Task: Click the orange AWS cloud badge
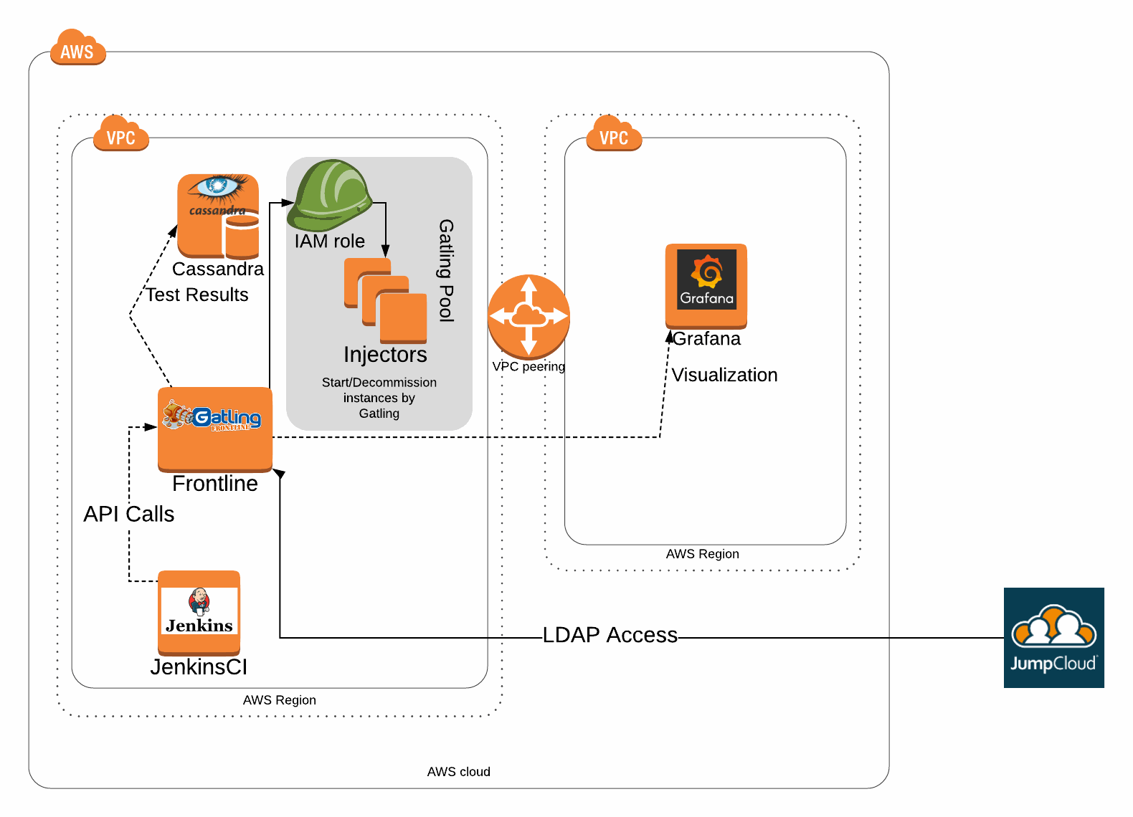click(x=77, y=48)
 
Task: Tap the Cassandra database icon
click(x=218, y=216)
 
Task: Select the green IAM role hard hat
click(x=329, y=195)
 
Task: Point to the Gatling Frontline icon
click(x=215, y=429)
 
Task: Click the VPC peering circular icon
click(x=528, y=316)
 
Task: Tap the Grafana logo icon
click(x=706, y=285)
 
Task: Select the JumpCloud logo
click(x=1053, y=637)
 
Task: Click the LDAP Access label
click(x=610, y=635)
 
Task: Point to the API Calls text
click(x=129, y=514)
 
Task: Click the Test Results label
click(x=197, y=295)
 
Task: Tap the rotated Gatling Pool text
click(x=446, y=270)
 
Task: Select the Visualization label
click(x=724, y=375)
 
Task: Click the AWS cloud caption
click(x=459, y=772)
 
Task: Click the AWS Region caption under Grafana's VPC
click(x=702, y=554)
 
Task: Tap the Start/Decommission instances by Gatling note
click(x=379, y=398)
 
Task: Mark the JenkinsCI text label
click(x=199, y=667)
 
